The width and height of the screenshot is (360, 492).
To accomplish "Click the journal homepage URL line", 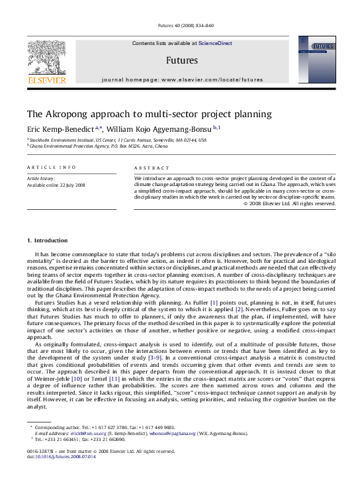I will pyautogui.click(x=182, y=79).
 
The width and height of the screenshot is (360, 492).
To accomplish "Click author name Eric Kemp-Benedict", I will pyautogui.click(x=60, y=129).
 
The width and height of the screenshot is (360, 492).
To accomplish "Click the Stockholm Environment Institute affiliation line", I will pyautogui.click(x=116, y=140).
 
